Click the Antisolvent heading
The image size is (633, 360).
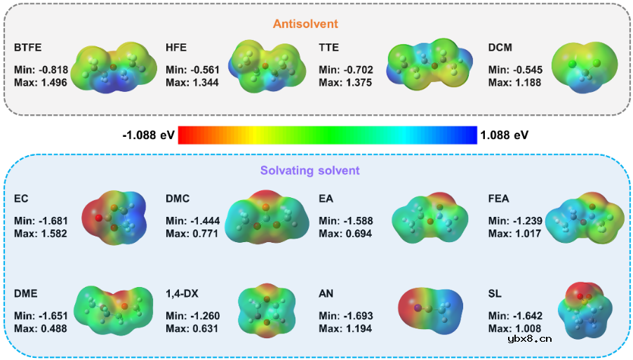(305, 24)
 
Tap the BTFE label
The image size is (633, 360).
(28, 48)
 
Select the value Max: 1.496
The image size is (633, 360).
(41, 82)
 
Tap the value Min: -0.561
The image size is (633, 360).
(192, 70)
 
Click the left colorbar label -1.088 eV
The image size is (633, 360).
(147, 134)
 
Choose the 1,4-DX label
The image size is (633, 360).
(184, 293)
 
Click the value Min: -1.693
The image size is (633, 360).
(345, 316)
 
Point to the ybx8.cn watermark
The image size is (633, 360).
(529, 338)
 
